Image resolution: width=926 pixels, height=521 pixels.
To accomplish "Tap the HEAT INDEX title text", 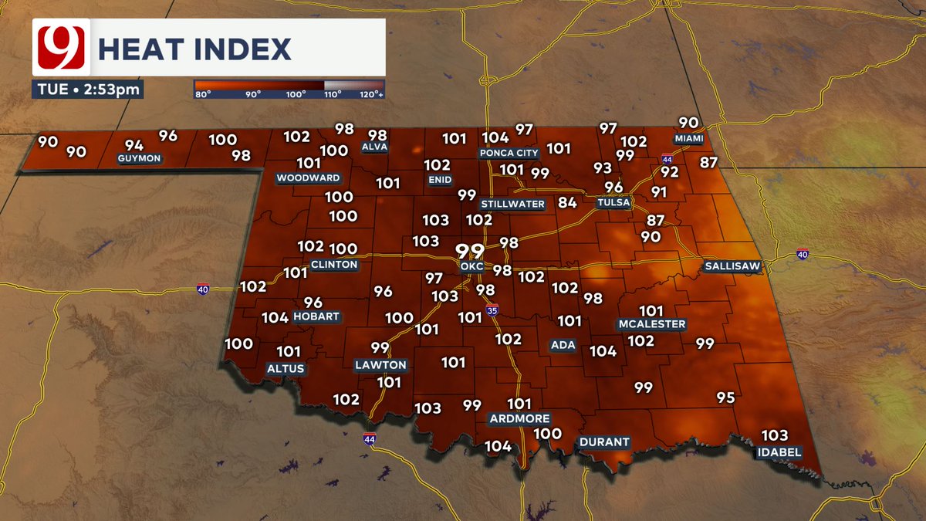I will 194,49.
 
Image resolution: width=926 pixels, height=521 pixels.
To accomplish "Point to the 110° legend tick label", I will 333,94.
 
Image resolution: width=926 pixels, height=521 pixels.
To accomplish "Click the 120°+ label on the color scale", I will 371,94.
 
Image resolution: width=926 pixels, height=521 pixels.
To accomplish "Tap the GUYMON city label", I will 139,159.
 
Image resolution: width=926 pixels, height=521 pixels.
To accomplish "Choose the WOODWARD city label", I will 309,178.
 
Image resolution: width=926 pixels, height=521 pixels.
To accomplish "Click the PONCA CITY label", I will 509,153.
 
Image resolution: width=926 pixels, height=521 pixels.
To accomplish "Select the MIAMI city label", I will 689,139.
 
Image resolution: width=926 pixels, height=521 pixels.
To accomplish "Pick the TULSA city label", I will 614,203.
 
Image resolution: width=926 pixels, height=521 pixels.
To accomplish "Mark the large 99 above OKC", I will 469,251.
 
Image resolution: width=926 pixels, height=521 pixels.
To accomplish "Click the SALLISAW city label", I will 732,266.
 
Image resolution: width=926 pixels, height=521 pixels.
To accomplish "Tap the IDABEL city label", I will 779,452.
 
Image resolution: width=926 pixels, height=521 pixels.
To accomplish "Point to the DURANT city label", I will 605,442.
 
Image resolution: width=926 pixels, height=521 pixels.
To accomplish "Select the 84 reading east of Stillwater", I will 568,203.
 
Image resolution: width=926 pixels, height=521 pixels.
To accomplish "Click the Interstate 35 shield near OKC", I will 492,310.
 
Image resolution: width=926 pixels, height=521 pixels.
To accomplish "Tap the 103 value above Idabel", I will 775,435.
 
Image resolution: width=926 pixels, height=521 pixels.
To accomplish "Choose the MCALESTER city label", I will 651,324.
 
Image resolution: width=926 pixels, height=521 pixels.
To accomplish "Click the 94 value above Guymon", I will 134,145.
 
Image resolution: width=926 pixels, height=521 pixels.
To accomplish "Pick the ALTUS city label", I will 286,368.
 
